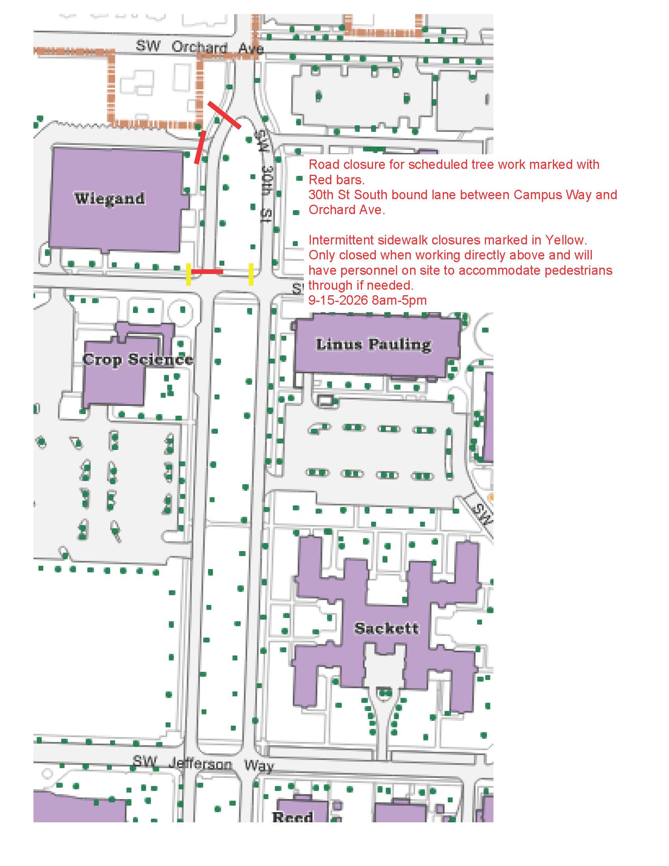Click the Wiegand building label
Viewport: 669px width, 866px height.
110,198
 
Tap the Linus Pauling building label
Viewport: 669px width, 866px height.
373,344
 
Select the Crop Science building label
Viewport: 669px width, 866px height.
138,359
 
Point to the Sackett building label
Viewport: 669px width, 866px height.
386,628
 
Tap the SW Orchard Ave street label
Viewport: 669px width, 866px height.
200,47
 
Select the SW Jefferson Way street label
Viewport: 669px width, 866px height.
203,763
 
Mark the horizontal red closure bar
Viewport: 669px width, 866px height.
207,272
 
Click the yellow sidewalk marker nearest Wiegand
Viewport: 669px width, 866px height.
188,275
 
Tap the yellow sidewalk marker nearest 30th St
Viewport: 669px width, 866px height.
251,274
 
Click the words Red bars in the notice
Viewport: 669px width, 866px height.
336,179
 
